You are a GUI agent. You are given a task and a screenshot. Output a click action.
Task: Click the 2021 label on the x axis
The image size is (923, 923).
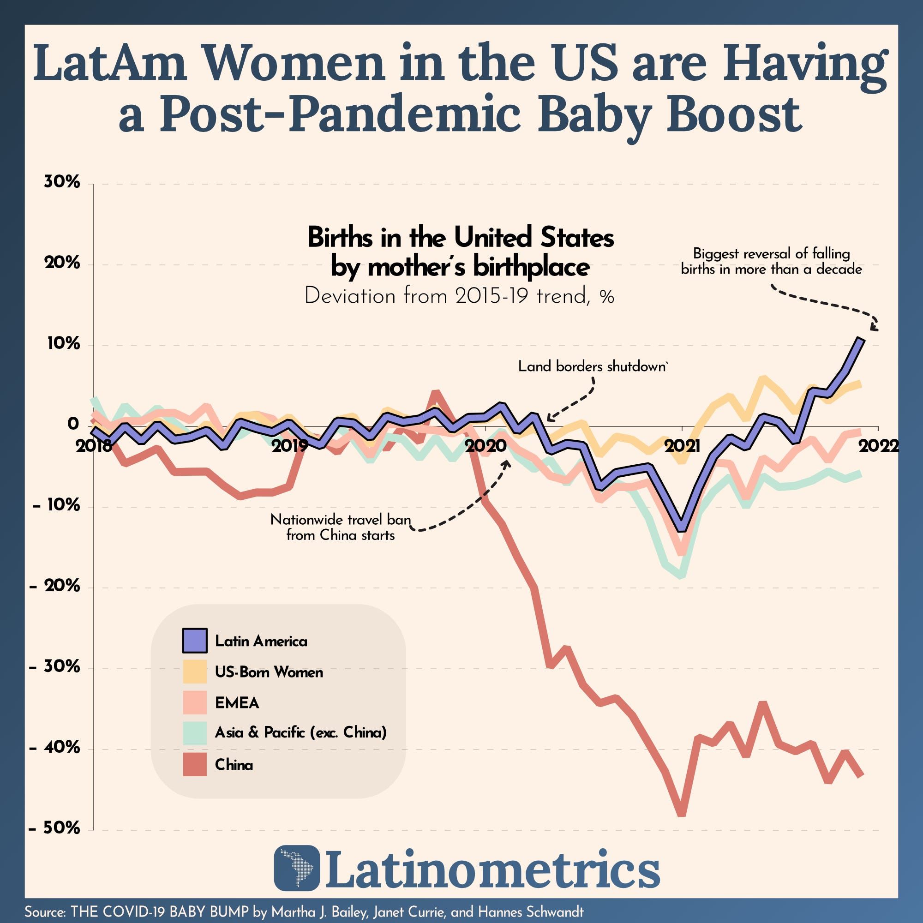pyautogui.click(x=683, y=446)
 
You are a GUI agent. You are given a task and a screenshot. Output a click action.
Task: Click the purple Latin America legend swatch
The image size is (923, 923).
pyautogui.click(x=194, y=641)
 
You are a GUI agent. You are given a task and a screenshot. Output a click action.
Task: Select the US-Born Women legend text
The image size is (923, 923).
pyautogui.click(x=269, y=672)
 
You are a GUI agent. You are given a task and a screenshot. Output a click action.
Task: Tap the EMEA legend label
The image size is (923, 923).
pyautogui.click(x=237, y=703)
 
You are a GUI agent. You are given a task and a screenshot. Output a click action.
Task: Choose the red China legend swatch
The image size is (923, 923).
pyautogui.click(x=194, y=765)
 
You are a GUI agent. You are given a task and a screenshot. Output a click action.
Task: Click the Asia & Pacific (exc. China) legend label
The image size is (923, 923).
pyautogui.click(x=300, y=732)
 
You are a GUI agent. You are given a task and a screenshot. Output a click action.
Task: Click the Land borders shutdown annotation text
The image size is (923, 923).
pyautogui.click(x=593, y=366)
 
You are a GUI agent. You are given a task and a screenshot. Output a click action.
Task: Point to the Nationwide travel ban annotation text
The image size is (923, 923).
pyautogui.click(x=341, y=527)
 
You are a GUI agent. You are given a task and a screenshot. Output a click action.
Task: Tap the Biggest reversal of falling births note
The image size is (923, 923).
pyautogui.click(x=772, y=261)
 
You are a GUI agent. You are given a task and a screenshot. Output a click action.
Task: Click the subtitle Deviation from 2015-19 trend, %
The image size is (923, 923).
pyautogui.click(x=459, y=297)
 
